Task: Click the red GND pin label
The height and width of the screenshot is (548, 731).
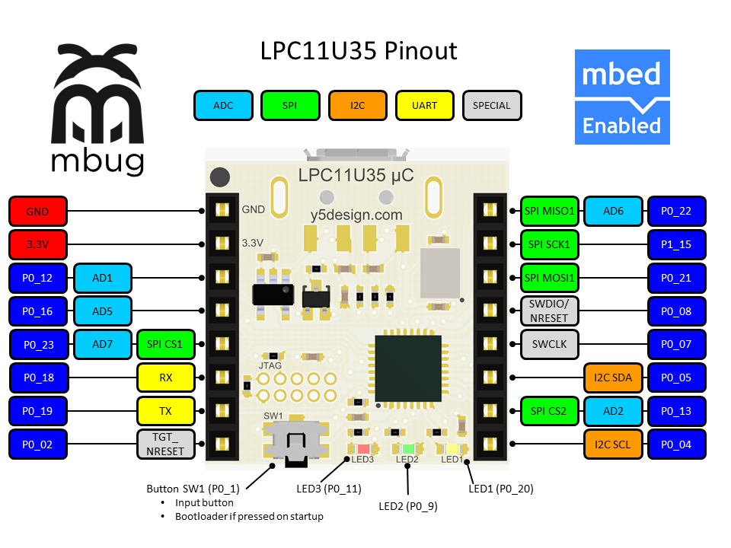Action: click(x=37, y=211)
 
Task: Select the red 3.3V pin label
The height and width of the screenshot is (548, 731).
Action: click(x=37, y=244)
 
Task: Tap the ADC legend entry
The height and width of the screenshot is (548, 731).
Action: click(x=223, y=106)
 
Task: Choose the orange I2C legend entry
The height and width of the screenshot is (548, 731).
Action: click(x=357, y=106)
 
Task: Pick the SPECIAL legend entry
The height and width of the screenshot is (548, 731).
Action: click(x=491, y=106)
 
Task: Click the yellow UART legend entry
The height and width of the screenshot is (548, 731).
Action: click(x=424, y=106)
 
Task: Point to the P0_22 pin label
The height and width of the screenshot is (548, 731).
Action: click(x=676, y=211)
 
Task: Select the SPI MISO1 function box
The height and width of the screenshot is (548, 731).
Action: click(x=549, y=211)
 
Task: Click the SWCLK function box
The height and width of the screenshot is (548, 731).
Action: click(x=549, y=344)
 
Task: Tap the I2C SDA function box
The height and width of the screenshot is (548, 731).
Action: click(x=614, y=378)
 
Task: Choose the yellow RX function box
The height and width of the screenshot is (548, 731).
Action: click(x=165, y=378)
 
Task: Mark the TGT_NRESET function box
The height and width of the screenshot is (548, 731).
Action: click(x=165, y=444)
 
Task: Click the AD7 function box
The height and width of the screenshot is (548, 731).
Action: click(x=102, y=344)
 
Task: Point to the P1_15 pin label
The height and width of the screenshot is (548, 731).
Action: click(x=676, y=244)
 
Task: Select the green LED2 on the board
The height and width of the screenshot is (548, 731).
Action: click(x=407, y=449)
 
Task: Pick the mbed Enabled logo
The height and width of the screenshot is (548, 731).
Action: click(x=622, y=97)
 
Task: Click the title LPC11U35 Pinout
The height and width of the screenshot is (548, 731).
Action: click(x=359, y=51)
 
